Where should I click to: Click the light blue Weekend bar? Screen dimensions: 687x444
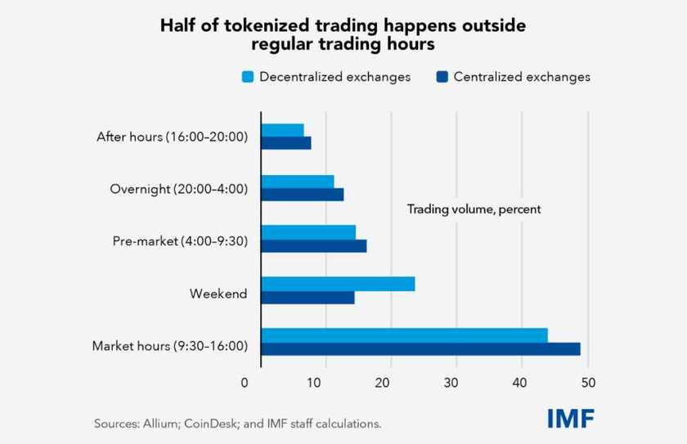pyautogui.click(x=339, y=284)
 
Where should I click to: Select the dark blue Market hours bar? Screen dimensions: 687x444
pyautogui.click(x=420, y=349)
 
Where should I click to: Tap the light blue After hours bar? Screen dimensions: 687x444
pyautogui.click(x=283, y=131)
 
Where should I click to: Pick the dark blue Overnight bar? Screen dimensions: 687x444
pyautogui.click(x=303, y=195)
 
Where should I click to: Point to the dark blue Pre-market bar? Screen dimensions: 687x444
pyautogui.click(x=314, y=246)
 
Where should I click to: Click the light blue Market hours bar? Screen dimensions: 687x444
pyautogui.click(x=404, y=335)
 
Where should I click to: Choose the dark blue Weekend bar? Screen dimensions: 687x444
pyautogui.click(x=308, y=298)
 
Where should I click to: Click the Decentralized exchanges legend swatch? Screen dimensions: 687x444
pyautogui.click(x=248, y=77)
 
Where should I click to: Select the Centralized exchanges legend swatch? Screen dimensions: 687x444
pyautogui.click(x=442, y=77)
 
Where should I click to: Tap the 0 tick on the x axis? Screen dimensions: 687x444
pyautogui.click(x=245, y=383)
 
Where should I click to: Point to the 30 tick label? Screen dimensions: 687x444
pyautogui.click(x=451, y=383)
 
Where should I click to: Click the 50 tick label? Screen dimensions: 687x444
pyautogui.click(x=588, y=383)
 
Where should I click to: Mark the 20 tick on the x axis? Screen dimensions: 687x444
pyautogui.click(x=382, y=383)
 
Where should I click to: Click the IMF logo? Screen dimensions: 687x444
pyautogui.click(x=571, y=419)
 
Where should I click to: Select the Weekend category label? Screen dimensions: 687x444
pyautogui.click(x=218, y=294)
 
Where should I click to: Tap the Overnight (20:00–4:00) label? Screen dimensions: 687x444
pyautogui.click(x=179, y=189)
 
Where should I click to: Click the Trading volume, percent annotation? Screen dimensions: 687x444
pyautogui.click(x=474, y=209)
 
